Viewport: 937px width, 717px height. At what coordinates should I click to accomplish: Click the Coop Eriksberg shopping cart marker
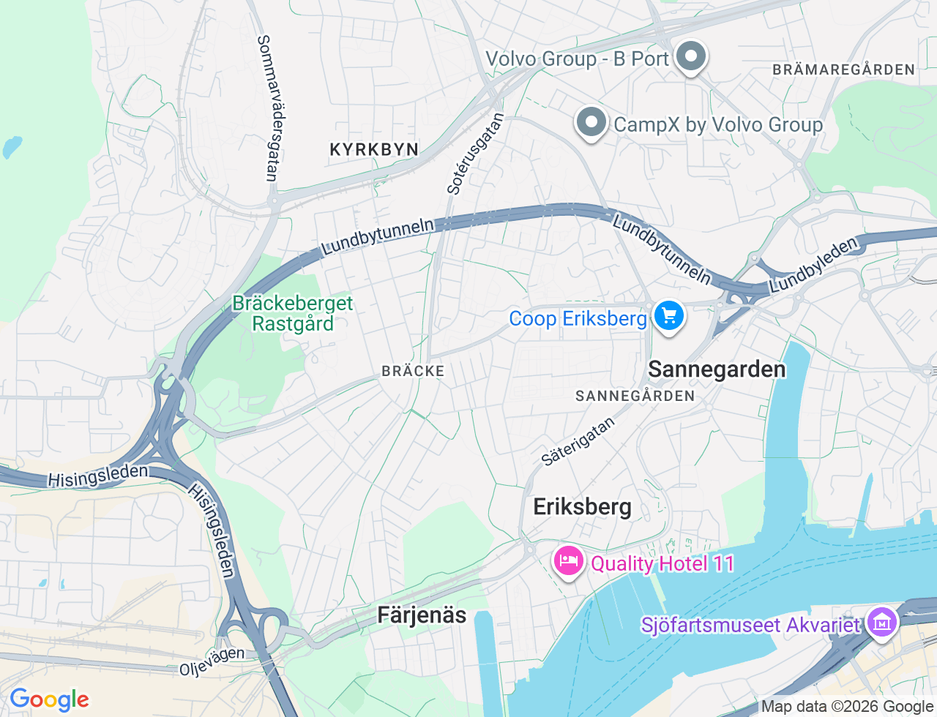tap(668, 317)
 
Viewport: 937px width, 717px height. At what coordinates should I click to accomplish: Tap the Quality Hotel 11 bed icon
tap(567, 562)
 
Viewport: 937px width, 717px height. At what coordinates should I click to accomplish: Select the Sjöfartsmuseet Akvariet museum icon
tap(881, 623)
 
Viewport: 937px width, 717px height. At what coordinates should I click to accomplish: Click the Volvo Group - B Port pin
tap(690, 56)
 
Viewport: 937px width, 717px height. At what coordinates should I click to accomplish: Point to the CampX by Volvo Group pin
tap(591, 122)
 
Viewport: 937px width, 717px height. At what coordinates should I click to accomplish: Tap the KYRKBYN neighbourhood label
tap(374, 149)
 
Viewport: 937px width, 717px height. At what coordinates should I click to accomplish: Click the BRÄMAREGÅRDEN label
tap(843, 70)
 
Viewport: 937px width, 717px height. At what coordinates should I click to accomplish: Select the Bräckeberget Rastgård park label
tap(293, 313)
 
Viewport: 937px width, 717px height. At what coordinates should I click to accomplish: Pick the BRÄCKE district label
tap(413, 371)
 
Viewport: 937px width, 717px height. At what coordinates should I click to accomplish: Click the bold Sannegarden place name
tap(717, 369)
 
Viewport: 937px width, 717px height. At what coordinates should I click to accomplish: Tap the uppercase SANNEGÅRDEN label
tap(635, 396)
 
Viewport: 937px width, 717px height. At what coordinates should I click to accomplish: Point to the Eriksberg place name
tap(582, 507)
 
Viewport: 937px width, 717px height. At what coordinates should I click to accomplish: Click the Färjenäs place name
tap(422, 615)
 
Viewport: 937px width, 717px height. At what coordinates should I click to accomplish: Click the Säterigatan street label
tap(578, 442)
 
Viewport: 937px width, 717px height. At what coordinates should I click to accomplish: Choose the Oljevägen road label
tap(212, 661)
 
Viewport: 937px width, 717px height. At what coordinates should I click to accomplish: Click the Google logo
tap(49, 699)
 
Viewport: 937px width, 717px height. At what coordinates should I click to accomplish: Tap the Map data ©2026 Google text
tap(847, 707)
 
